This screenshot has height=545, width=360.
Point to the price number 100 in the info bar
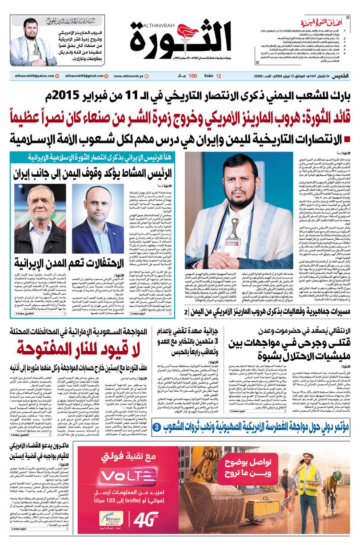[193, 76]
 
